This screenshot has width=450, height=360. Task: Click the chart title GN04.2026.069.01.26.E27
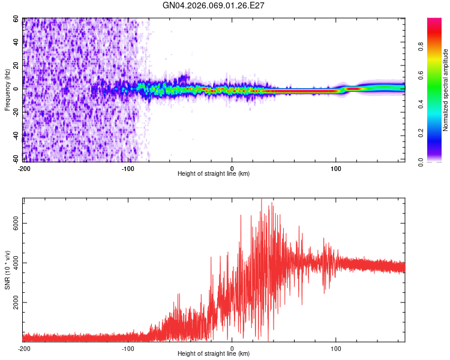(x=213, y=5)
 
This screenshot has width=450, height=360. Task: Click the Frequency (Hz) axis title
(x=7, y=90)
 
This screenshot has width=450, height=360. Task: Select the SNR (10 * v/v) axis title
(x=7, y=270)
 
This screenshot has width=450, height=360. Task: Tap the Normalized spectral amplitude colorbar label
(x=445, y=90)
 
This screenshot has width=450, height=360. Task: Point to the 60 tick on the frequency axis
(x=16, y=19)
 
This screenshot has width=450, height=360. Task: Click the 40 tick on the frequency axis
(x=16, y=42)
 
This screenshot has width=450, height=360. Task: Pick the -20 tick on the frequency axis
(x=16, y=112)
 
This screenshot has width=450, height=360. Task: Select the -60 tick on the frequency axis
(x=16, y=159)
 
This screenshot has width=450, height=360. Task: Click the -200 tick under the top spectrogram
(x=24, y=169)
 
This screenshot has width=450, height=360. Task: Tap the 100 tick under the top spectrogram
(x=336, y=169)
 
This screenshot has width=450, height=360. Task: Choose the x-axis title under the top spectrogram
(x=214, y=173)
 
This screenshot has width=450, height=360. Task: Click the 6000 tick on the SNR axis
(x=16, y=223)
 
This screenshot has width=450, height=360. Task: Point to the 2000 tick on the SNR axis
(x=16, y=302)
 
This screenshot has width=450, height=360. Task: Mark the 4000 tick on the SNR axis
(x=16, y=263)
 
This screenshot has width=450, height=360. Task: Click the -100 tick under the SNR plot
(x=128, y=349)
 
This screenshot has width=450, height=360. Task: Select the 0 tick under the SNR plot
(x=232, y=349)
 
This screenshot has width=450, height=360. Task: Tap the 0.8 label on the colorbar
(x=421, y=46)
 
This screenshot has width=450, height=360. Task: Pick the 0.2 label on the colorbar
(x=421, y=133)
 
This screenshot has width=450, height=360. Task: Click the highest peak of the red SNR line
(x=262, y=199)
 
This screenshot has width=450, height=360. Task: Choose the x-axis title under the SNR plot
(x=214, y=353)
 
